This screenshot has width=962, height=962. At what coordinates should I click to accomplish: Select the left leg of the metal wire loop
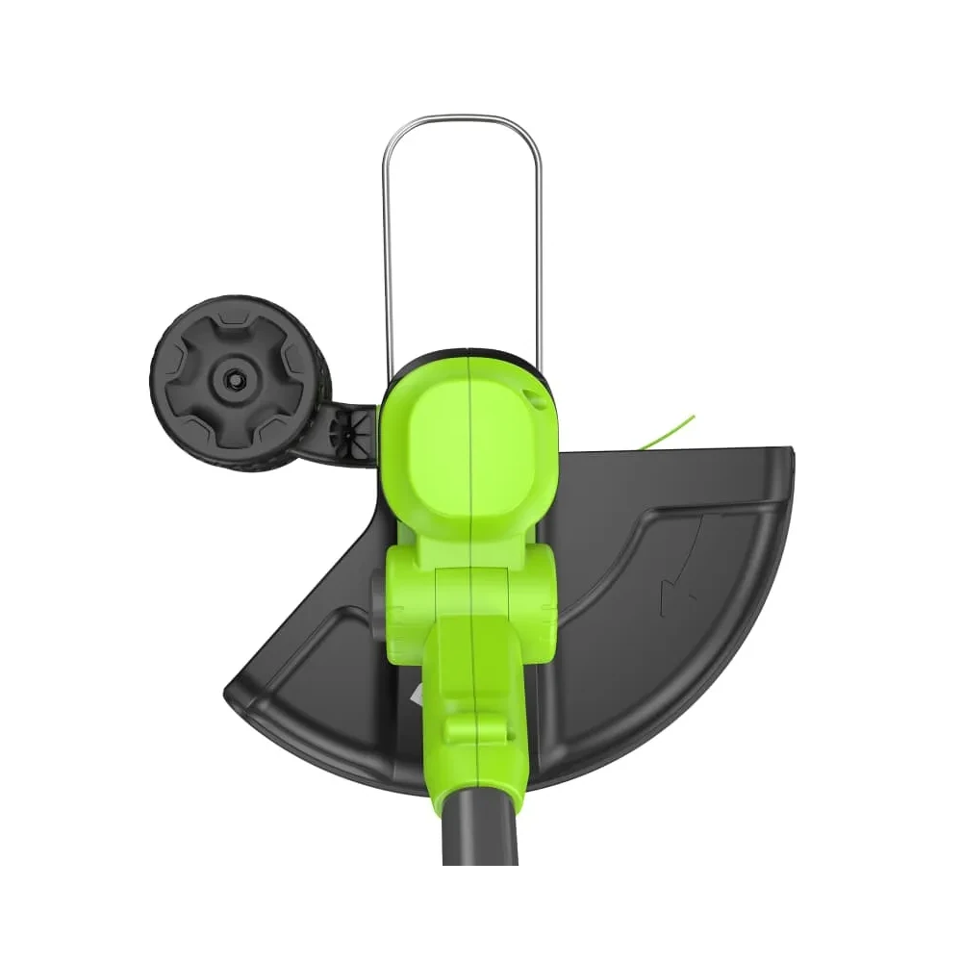pyautogui.click(x=387, y=260)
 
